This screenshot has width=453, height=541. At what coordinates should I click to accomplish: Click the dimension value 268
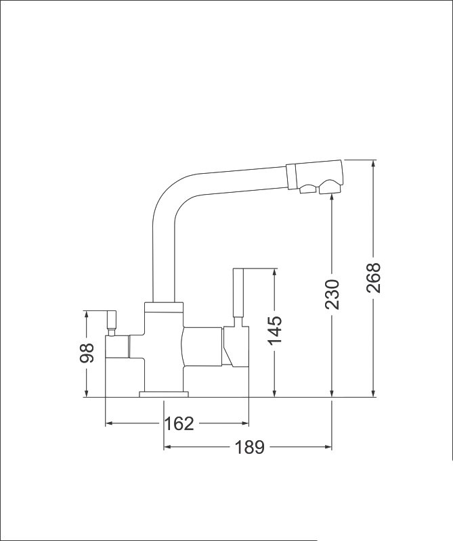point(374,278)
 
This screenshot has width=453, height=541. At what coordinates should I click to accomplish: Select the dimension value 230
point(332,294)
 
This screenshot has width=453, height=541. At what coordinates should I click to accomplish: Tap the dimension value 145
point(275,330)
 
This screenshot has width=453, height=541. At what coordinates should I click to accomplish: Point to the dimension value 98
point(87,353)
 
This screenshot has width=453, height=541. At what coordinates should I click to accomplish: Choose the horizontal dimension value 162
point(179,423)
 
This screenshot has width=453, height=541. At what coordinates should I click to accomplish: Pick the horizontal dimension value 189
point(249,447)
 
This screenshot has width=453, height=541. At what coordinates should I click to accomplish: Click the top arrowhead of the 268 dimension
point(373,164)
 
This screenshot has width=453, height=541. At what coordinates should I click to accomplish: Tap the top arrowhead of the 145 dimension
point(275,273)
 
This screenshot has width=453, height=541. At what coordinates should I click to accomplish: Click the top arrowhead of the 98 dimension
point(87,315)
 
